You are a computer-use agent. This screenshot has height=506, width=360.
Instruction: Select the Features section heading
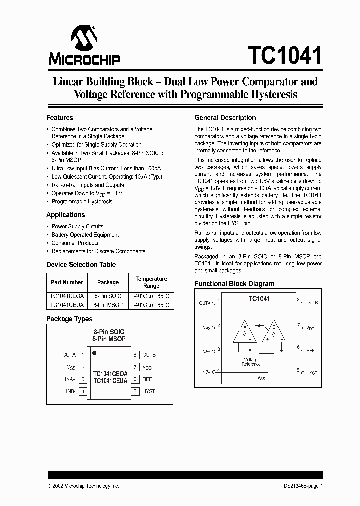click(59, 118)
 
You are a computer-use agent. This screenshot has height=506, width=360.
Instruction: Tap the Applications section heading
click(65, 215)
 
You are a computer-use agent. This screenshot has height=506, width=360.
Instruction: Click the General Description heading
click(225, 118)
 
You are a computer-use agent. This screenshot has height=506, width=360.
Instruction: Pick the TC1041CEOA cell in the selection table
click(67, 296)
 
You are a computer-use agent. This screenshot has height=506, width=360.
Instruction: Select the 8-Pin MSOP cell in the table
click(108, 304)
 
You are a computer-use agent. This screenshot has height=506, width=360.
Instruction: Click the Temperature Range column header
click(151, 282)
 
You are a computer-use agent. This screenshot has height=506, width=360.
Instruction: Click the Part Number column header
click(67, 282)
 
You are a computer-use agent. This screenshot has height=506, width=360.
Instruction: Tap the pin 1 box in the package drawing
click(83, 355)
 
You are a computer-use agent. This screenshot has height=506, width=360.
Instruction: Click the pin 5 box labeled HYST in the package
click(135, 391)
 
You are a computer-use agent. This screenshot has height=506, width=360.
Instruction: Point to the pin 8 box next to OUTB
click(135, 355)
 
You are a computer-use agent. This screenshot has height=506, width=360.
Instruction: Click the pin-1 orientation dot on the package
click(94, 354)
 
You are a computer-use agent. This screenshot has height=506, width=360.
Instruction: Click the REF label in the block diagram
click(310, 351)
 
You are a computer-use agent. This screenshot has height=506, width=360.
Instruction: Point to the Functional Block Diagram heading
click(234, 284)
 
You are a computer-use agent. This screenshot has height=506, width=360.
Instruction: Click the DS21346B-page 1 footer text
click(301, 486)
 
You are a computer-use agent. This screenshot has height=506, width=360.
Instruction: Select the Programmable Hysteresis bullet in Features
click(82, 202)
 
